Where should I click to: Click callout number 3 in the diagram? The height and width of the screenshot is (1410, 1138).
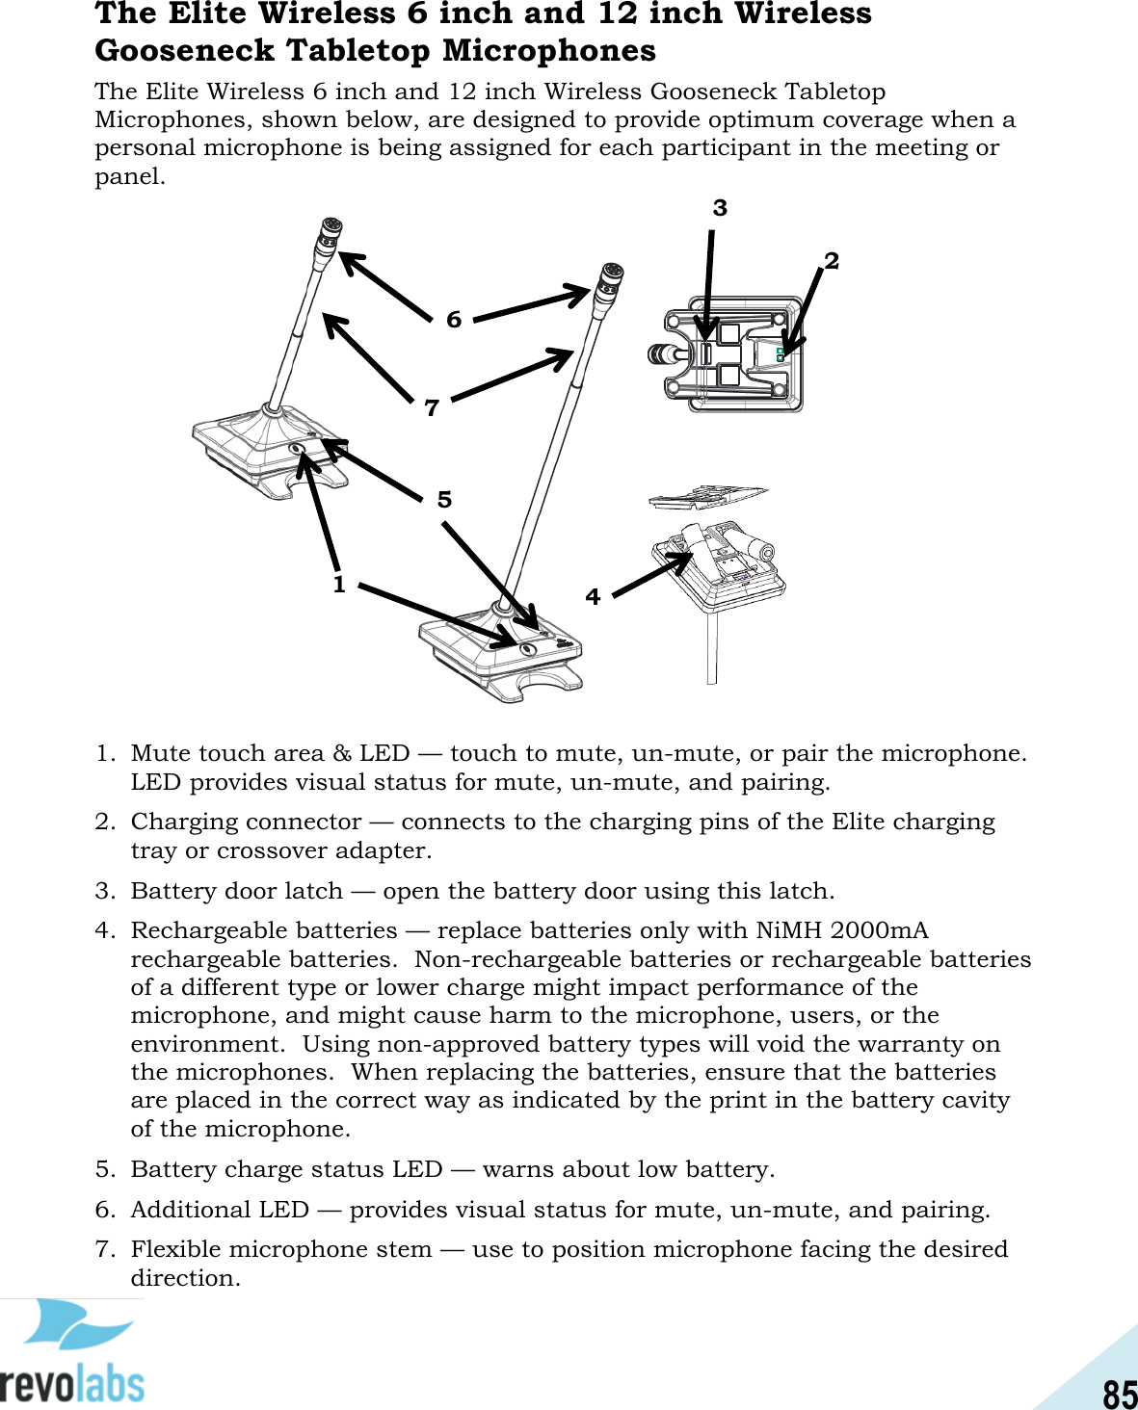[x=720, y=208]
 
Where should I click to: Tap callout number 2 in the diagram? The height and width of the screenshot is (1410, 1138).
[x=832, y=261]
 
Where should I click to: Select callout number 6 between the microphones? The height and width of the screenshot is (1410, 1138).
[x=454, y=320]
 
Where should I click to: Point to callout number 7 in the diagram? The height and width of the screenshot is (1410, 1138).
[x=432, y=408]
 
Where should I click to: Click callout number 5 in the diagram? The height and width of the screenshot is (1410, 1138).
[x=444, y=500]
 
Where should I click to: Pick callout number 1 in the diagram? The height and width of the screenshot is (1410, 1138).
[x=339, y=585]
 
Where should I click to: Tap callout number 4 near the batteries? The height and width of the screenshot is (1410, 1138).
[x=593, y=597]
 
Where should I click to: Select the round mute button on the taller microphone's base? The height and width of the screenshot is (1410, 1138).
[x=528, y=650]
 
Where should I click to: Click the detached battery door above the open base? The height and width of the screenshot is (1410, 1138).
[x=707, y=497]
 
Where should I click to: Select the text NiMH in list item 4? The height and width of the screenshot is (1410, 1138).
[x=789, y=930]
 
